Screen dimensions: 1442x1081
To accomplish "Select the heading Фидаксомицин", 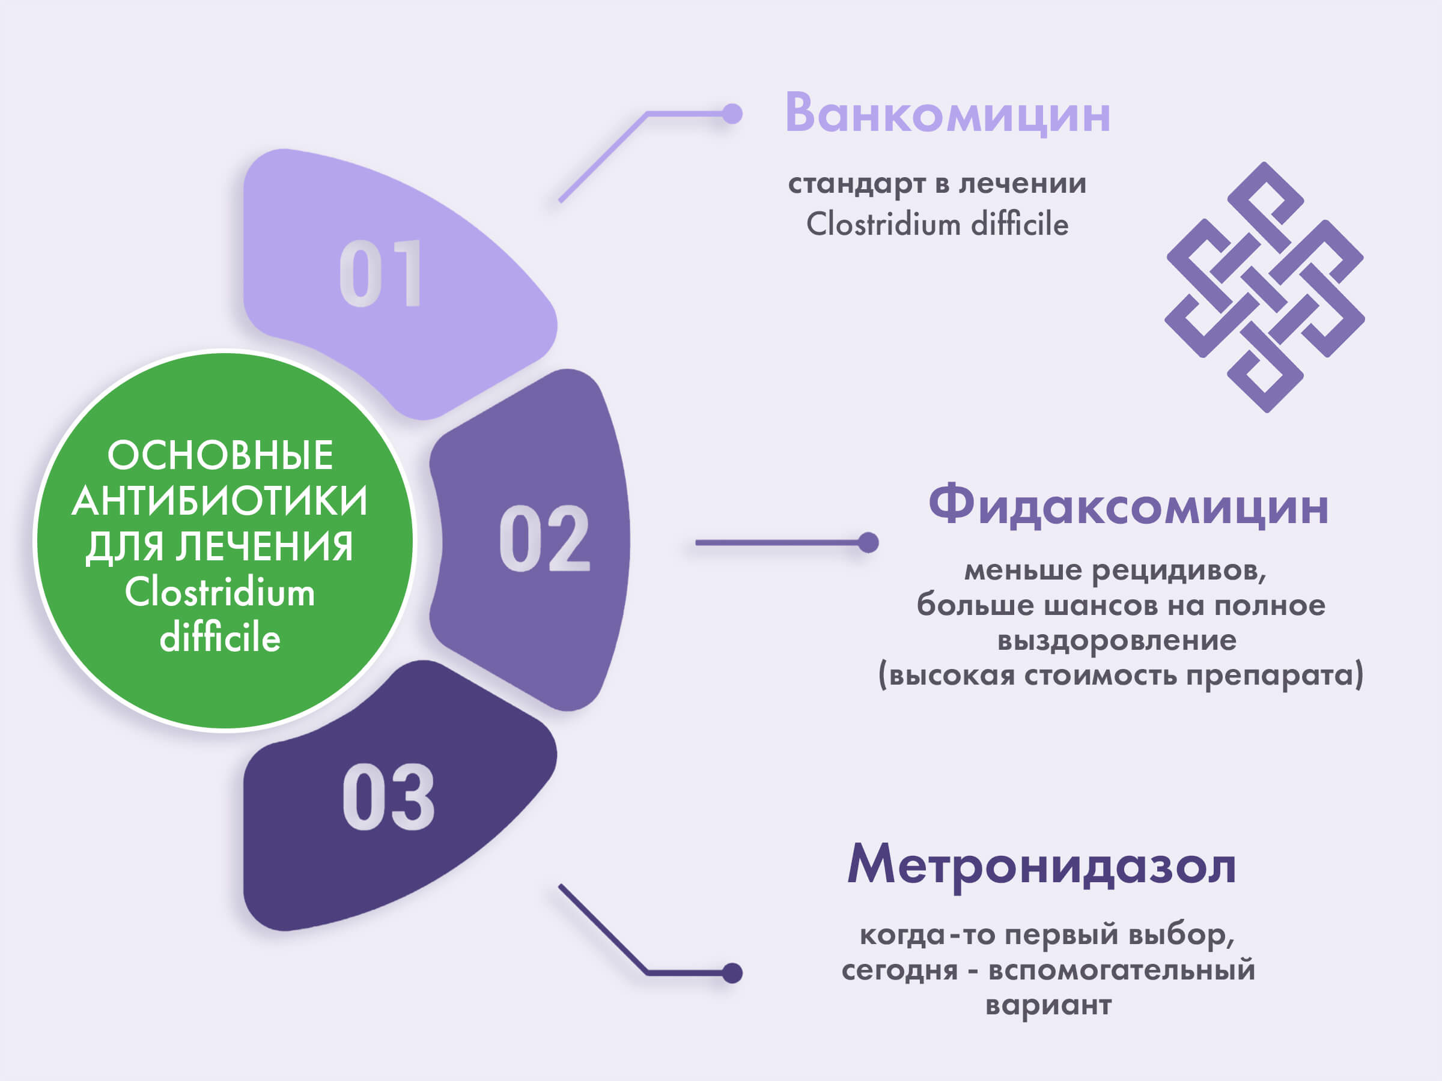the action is coord(1128,506).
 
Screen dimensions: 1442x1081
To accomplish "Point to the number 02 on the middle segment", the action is coord(544,538).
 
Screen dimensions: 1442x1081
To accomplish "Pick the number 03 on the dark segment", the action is coord(388,797).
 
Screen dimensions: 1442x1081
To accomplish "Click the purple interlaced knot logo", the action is coord(1264,287).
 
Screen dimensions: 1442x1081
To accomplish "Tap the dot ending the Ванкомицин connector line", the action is coord(733,114).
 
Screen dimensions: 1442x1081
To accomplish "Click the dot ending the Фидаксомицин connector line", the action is coord(868,542).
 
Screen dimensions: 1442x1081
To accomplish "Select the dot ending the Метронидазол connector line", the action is coord(733,973).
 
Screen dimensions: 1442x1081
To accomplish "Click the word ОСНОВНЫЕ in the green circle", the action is coord(221,455).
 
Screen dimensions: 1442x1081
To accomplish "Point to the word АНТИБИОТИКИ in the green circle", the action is coord(221,500).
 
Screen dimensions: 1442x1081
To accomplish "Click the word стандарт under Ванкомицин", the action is coord(857,184).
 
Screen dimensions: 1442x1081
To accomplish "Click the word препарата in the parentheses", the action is coord(1273,675).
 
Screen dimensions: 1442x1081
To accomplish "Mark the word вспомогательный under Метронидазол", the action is coord(1121,969).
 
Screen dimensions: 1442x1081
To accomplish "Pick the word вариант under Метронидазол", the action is coord(1048,1005).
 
